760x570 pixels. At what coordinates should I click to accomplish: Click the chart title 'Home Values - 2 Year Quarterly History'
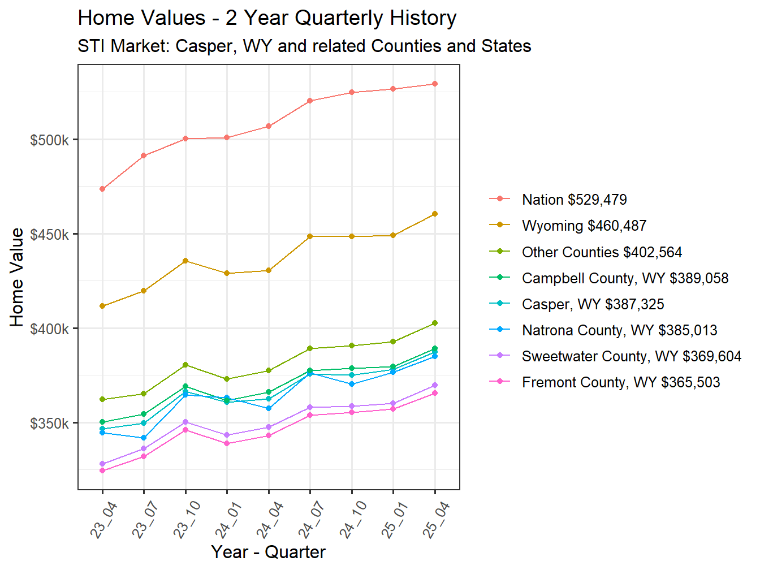coord(267,18)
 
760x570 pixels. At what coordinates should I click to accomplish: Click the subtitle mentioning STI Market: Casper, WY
coord(304,46)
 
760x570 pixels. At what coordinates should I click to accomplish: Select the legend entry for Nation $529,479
coord(574,200)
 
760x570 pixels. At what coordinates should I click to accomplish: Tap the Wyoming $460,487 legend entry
coord(584,226)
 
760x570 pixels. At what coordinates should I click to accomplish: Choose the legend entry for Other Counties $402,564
coord(602,252)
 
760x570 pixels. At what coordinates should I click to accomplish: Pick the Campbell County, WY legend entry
coord(625,278)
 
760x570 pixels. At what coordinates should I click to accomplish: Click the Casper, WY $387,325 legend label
coord(593,304)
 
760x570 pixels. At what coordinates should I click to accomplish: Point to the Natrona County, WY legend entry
coord(619,330)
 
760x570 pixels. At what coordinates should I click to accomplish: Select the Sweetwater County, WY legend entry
coord(631,356)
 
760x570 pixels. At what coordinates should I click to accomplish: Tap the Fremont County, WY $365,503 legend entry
coord(621,382)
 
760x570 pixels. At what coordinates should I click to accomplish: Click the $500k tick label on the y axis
coord(50,140)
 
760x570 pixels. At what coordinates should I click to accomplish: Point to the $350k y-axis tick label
coord(50,424)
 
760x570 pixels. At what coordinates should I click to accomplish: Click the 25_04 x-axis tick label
coord(436,520)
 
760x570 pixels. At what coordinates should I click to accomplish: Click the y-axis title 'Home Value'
coord(17,277)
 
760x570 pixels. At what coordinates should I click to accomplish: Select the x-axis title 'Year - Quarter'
coord(268,552)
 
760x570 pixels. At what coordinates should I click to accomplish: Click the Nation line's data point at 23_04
coord(102,189)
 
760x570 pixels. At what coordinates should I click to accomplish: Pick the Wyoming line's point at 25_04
coord(435,214)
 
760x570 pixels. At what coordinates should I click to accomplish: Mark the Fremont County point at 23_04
coord(102,470)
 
